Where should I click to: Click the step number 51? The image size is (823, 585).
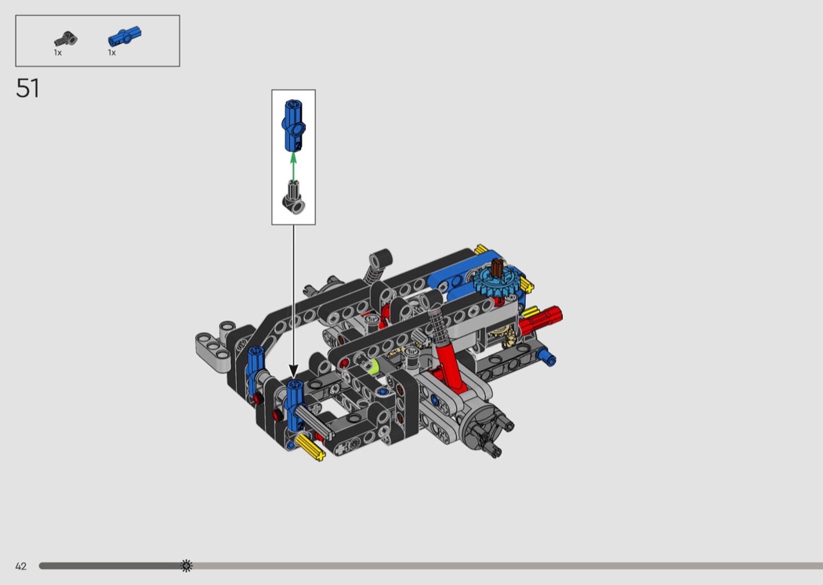tap(27, 88)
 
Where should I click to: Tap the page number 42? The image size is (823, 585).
tap(20, 566)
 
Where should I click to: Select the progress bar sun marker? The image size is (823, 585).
tap(187, 565)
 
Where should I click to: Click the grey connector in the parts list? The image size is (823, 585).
tap(66, 39)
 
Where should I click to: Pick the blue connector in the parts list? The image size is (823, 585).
tap(125, 37)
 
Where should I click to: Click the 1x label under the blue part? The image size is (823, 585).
tap(112, 53)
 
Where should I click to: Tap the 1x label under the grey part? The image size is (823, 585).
tap(58, 53)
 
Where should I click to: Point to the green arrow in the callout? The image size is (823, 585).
tap(293, 166)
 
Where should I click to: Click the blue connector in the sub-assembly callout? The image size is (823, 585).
tap(294, 125)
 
